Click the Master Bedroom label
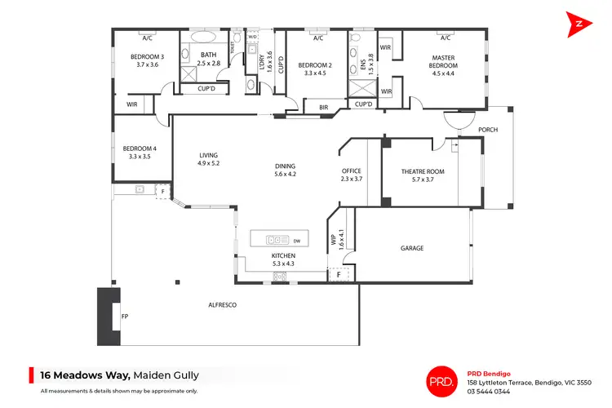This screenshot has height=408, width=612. tap(443, 58)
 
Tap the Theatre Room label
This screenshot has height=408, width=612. tap(423, 171)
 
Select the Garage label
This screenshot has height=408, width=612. tap(412, 248)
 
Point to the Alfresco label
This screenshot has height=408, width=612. tap(223, 304)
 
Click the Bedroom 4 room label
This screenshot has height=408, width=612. tap(137, 149)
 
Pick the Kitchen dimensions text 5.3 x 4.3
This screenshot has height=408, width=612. tap(282, 264)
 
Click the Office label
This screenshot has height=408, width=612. tap(351, 171)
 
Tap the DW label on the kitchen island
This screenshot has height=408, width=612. tap(297, 241)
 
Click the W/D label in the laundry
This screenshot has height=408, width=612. tap(252, 37)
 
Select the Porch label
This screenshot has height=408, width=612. tap(488, 130)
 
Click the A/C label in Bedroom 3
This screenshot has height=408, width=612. tap(148, 38)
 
